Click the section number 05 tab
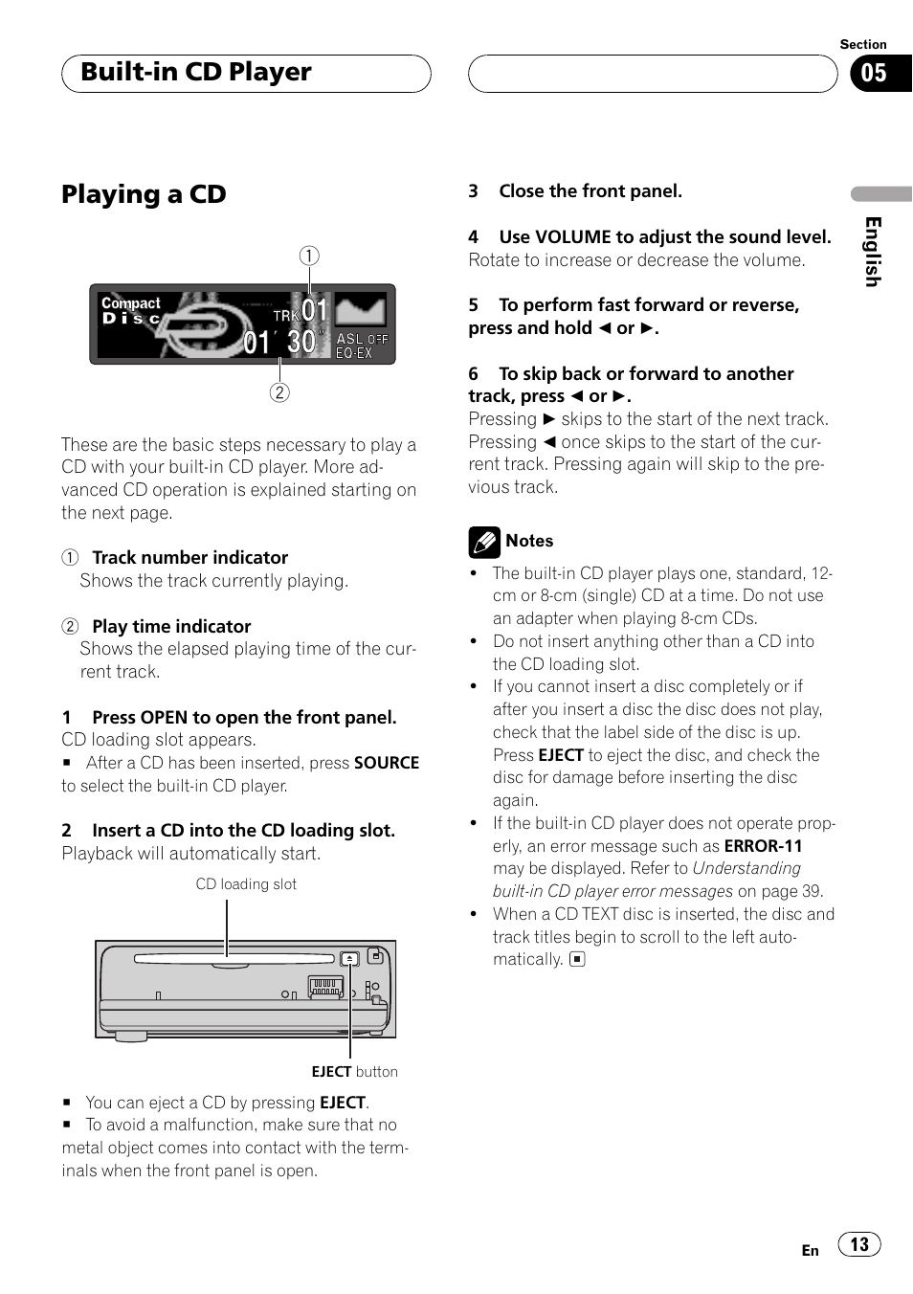coord(875,74)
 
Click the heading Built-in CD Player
coord(196,73)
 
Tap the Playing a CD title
coord(144,194)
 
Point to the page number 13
coord(859,1244)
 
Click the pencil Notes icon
coord(484,542)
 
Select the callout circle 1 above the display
coord(309,256)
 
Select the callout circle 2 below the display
coord(279,392)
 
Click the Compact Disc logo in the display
coord(131,310)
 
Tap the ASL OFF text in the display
coord(362,339)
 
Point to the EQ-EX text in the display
coord(354,353)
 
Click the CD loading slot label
coord(246,884)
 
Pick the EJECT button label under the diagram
coord(354,1072)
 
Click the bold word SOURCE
coord(387,763)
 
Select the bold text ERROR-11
coord(763,846)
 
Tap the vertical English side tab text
coord(872,251)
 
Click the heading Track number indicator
coord(189,558)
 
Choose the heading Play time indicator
coord(171,627)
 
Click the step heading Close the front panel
coord(590,191)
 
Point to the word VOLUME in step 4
coord(572,237)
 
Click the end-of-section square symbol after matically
coord(577,959)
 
